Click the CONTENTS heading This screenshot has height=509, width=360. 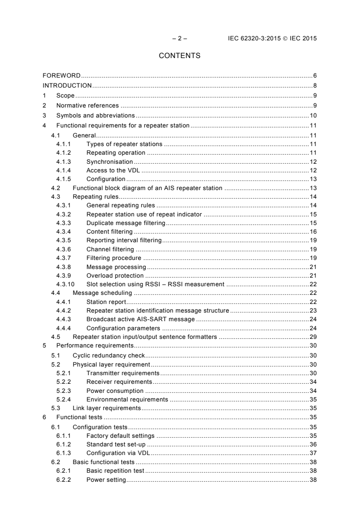point(180,56)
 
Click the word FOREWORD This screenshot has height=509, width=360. point(61,75)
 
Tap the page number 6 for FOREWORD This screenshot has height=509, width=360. point(315,75)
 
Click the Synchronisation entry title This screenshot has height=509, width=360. point(109,162)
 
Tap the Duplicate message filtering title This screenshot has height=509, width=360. point(125,223)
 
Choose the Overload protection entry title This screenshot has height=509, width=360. point(115,275)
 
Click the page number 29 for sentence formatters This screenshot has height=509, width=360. point(313,337)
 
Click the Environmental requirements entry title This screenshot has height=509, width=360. point(127,399)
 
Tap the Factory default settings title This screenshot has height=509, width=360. point(120,436)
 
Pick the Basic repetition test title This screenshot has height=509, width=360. point(115,471)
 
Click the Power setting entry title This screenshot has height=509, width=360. point(106,480)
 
